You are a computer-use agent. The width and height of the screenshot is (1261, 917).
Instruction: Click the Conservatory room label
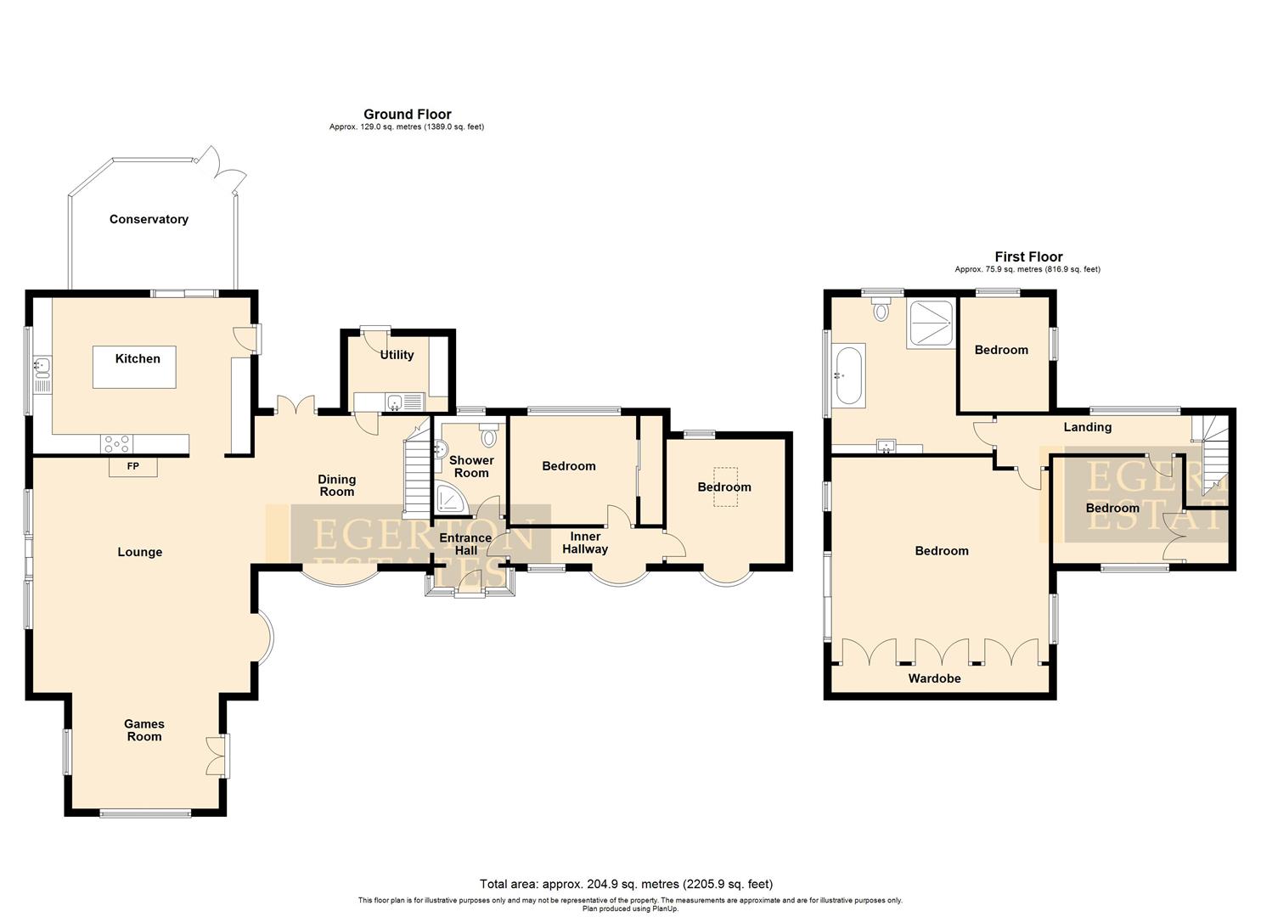149,219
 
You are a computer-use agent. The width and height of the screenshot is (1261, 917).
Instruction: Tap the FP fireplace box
133,467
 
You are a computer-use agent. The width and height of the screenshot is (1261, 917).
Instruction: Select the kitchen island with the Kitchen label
134,367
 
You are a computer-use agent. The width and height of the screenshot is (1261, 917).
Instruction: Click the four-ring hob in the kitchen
116,443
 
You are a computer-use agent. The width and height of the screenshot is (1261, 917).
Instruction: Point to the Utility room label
397,355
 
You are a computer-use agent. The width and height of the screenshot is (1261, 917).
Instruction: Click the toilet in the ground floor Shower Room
488,437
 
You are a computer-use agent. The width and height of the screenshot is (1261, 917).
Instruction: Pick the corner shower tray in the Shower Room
450,499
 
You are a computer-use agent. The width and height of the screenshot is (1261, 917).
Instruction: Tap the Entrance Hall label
464,543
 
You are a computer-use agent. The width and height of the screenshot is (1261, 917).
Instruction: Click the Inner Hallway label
585,543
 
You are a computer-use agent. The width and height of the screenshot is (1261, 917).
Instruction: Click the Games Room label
144,730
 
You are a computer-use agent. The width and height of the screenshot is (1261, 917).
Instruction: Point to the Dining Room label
336,485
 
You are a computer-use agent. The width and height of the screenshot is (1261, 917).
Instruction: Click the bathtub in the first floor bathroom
849,374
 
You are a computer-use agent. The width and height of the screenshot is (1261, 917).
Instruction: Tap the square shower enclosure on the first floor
931,323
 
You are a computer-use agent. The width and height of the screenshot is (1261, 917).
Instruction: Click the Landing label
1087,427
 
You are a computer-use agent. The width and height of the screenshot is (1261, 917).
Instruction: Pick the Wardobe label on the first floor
934,678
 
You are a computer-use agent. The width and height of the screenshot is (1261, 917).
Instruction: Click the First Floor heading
1028,256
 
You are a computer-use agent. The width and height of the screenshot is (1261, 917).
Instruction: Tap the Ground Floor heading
407,114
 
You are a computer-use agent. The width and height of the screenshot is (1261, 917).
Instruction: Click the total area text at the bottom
626,884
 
